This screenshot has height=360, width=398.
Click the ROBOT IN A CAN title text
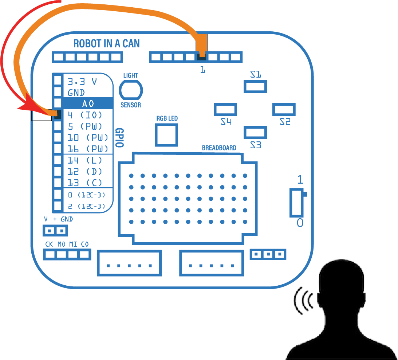point(106,43)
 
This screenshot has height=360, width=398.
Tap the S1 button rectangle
point(255,87)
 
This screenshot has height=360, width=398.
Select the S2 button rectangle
point(284,110)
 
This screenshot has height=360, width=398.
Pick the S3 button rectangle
point(255,133)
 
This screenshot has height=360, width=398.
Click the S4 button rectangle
point(225,110)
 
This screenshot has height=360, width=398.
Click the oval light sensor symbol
point(131,90)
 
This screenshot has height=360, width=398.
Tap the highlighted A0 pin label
point(88,103)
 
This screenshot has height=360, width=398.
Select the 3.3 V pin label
point(82,81)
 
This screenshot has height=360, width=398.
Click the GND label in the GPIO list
point(76,93)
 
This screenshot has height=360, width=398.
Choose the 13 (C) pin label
point(85,183)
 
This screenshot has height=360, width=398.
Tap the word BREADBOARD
point(219,148)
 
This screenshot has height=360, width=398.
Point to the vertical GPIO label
point(119,138)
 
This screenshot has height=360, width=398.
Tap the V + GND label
point(58,219)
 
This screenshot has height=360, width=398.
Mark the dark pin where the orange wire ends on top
point(201,56)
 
